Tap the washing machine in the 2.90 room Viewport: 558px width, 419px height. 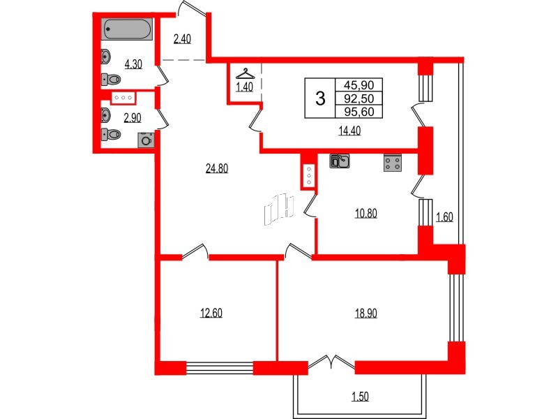pyautogui.click(x=145, y=140)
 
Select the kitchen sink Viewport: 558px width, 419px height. pyautogui.click(x=339, y=161)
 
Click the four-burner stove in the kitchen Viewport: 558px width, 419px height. pyautogui.click(x=392, y=163)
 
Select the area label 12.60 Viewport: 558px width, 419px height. pyautogui.click(x=211, y=313)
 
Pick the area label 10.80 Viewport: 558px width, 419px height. pyautogui.click(x=365, y=213)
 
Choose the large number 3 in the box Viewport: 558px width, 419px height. pyautogui.click(x=320, y=98)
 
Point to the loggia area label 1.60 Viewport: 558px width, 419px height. pyautogui.click(x=444, y=217)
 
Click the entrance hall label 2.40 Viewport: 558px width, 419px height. pyautogui.click(x=181, y=39)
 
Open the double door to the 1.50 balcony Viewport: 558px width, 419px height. pyautogui.click(x=331, y=362)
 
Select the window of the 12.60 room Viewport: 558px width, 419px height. pyautogui.click(x=219, y=368)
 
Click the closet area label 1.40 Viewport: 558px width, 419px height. pyautogui.click(x=244, y=87)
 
